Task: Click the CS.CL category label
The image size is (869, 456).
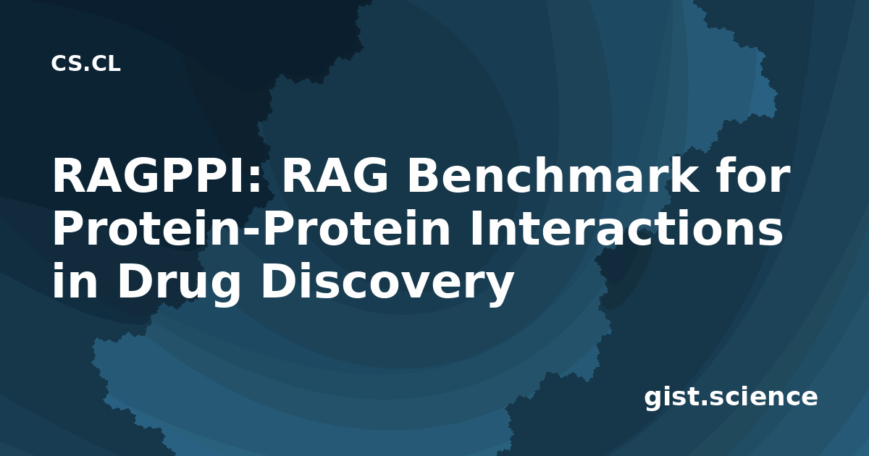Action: (x=85, y=64)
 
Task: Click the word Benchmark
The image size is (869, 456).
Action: (x=552, y=175)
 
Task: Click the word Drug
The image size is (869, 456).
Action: (x=179, y=284)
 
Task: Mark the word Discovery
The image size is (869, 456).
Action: (x=388, y=284)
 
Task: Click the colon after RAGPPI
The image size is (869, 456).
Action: (x=254, y=181)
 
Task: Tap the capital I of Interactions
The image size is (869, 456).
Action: (x=476, y=229)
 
